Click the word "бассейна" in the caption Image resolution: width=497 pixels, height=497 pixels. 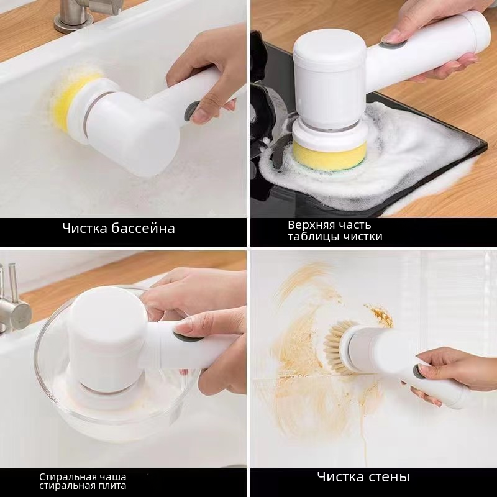click(x=144, y=228)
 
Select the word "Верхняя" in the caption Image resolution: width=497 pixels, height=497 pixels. click(x=311, y=225)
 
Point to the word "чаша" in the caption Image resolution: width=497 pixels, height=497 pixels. click(x=112, y=477)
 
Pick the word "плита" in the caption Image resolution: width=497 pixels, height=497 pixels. click(x=113, y=486)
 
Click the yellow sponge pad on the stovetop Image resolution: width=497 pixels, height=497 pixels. click(x=330, y=156)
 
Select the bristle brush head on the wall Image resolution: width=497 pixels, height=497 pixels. click(x=337, y=346)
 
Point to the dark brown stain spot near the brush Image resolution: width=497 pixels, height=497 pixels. click(x=380, y=316)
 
